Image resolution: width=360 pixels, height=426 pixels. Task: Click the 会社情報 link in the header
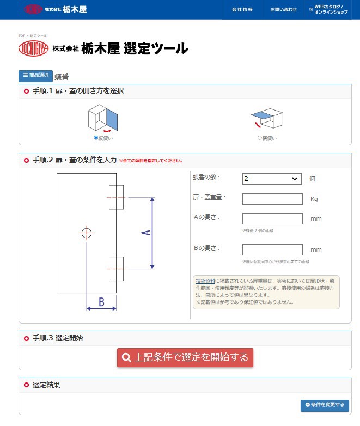242,9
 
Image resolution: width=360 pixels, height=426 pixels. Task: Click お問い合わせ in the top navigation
284,9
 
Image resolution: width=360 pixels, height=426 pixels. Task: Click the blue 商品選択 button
35,76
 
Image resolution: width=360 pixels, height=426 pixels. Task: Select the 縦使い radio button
96,138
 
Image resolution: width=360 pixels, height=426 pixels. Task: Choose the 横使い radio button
260,138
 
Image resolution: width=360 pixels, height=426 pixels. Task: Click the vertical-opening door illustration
103,118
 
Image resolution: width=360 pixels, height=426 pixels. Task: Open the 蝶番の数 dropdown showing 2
272,179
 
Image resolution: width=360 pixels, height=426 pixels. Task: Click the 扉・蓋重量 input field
272,199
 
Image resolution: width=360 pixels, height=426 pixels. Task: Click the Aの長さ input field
272,218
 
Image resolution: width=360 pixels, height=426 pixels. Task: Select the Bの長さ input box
272,249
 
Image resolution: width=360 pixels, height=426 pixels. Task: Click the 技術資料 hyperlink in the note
205,281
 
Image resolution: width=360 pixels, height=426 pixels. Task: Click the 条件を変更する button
325,405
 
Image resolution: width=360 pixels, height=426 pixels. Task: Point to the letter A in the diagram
145,233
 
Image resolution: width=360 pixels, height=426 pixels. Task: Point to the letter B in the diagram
101,301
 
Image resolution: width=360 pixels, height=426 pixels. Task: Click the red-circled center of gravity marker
87,233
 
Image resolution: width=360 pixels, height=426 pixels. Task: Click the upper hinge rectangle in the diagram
116,197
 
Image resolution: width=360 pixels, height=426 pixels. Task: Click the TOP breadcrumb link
22,35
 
